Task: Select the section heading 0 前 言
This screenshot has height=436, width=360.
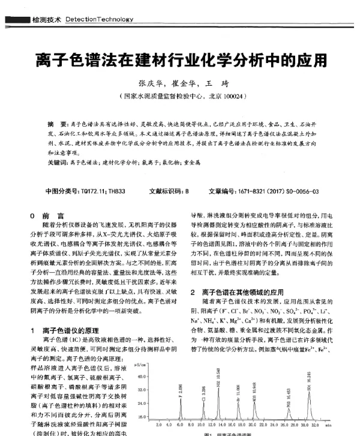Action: pos(41,215)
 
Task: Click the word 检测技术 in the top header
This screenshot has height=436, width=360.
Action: pos(46,19)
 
